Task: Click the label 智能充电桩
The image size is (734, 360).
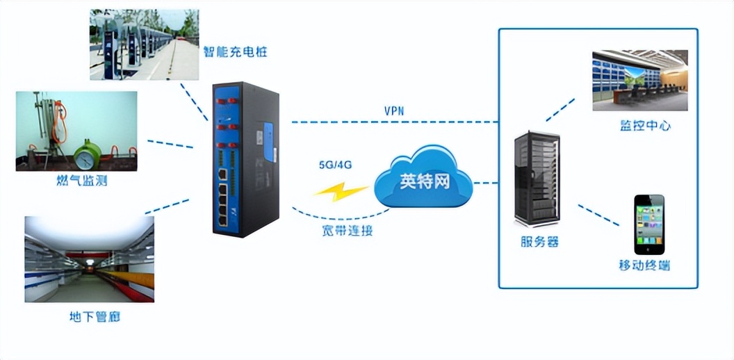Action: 235,52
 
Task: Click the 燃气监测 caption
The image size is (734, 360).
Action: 81,182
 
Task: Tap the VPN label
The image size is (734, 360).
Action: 394,111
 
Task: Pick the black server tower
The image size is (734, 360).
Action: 537,179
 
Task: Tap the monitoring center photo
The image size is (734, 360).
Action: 639,80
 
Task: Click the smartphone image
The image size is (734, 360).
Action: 649,224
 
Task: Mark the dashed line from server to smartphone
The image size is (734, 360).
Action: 598,215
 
